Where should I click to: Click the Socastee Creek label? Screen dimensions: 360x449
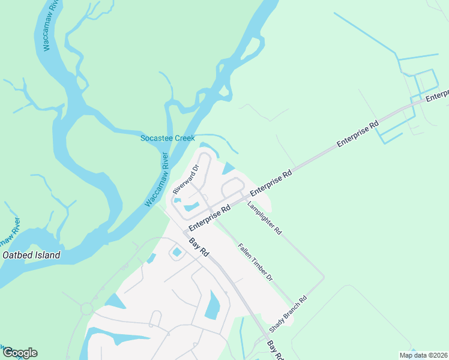point(167,138)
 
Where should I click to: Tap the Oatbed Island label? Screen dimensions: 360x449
point(32,255)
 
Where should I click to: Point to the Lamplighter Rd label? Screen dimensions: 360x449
point(264,217)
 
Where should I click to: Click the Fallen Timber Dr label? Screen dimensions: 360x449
point(255,262)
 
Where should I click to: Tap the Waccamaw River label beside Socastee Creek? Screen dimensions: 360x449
point(157,179)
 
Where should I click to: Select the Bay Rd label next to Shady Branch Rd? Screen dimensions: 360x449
point(275,350)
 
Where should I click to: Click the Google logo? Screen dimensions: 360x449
point(20,353)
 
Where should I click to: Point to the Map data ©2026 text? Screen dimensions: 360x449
point(423,355)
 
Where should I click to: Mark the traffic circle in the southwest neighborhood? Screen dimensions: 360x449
point(87,308)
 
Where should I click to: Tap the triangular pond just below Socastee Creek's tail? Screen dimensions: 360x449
point(229,169)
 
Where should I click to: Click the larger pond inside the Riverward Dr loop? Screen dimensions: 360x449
point(191,208)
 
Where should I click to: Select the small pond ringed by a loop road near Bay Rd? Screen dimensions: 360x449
point(177,253)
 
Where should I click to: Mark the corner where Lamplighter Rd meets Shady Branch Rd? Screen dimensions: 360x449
point(324,278)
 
